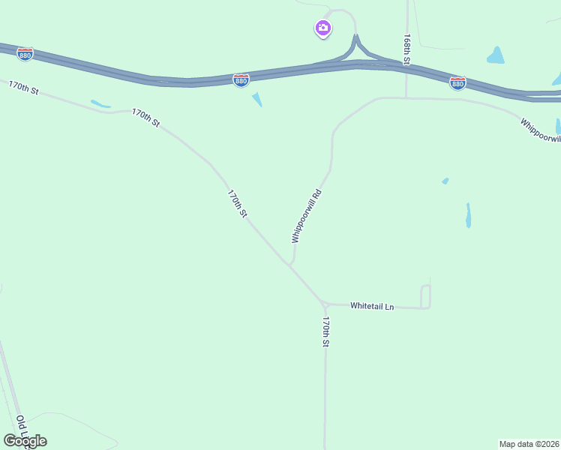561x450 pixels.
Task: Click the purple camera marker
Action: [x=322, y=28]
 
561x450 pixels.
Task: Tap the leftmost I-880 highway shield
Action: [x=25, y=54]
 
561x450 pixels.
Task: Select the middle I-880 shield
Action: [x=241, y=79]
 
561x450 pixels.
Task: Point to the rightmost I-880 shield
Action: [x=457, y=82]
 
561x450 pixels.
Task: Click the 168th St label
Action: [x=407, y=49]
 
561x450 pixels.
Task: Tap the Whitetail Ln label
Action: [x=372, y=306]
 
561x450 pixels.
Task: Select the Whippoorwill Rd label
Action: [x=307, y=215]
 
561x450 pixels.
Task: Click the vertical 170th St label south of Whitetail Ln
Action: [x=326, y=331]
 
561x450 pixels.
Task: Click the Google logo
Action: [x=25, y=441]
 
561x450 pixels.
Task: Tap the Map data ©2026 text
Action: [x=529, y=444]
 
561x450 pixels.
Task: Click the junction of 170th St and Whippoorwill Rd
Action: [x=290, y=265]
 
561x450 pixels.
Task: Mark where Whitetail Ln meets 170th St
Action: [x=324, y=304]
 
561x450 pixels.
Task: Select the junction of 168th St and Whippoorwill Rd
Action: [x=406, y=97]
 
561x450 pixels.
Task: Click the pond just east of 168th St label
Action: [x=496, y=55]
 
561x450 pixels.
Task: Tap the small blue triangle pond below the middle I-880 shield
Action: [x=257, y=99]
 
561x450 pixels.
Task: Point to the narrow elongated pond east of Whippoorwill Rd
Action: [x=468, y=215]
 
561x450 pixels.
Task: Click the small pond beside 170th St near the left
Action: [x=100, y=103]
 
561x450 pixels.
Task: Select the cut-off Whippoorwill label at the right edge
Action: [x=540, y=130]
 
